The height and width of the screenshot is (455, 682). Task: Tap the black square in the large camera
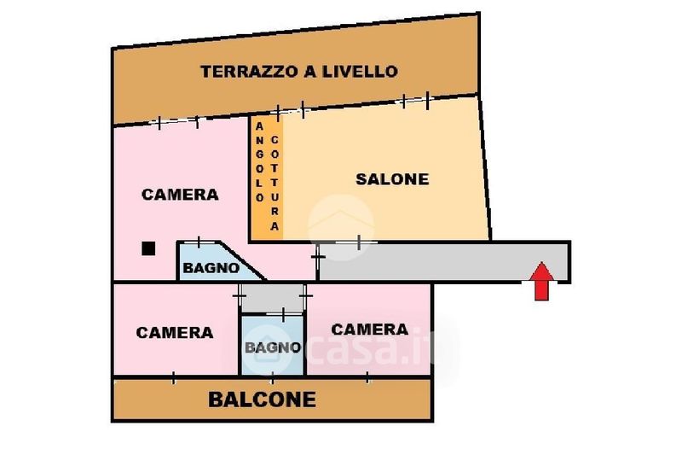[148, 248]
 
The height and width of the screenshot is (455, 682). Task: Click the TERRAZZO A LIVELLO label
[299, 72]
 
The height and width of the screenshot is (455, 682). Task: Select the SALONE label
[392, 179]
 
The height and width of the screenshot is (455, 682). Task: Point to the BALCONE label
[262, 400]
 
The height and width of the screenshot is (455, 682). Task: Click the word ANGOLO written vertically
[260, 162]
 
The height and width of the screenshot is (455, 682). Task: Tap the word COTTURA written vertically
[275, 184]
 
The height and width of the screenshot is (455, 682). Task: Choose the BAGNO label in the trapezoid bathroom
[211, 268]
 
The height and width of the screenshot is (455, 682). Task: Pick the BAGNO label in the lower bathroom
[272, 347]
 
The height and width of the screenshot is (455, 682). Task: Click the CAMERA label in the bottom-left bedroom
[175, 333]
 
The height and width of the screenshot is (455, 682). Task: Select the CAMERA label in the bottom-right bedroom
[370, 330]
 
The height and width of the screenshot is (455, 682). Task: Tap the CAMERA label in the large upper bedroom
[180, 194]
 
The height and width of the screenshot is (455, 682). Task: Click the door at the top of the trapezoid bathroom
[199, 242]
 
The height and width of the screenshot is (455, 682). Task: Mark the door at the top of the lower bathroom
[284, 313]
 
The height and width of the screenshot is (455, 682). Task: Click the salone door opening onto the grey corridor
[356, 242]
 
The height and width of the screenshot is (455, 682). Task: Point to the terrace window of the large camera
[177, 121]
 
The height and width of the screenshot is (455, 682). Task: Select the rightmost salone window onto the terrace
[415, 101]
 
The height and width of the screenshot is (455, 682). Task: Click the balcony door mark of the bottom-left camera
[173, 377]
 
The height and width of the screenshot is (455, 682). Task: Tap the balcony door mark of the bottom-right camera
[367, 377]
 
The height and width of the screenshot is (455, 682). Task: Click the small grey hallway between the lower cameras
[273, 298]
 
